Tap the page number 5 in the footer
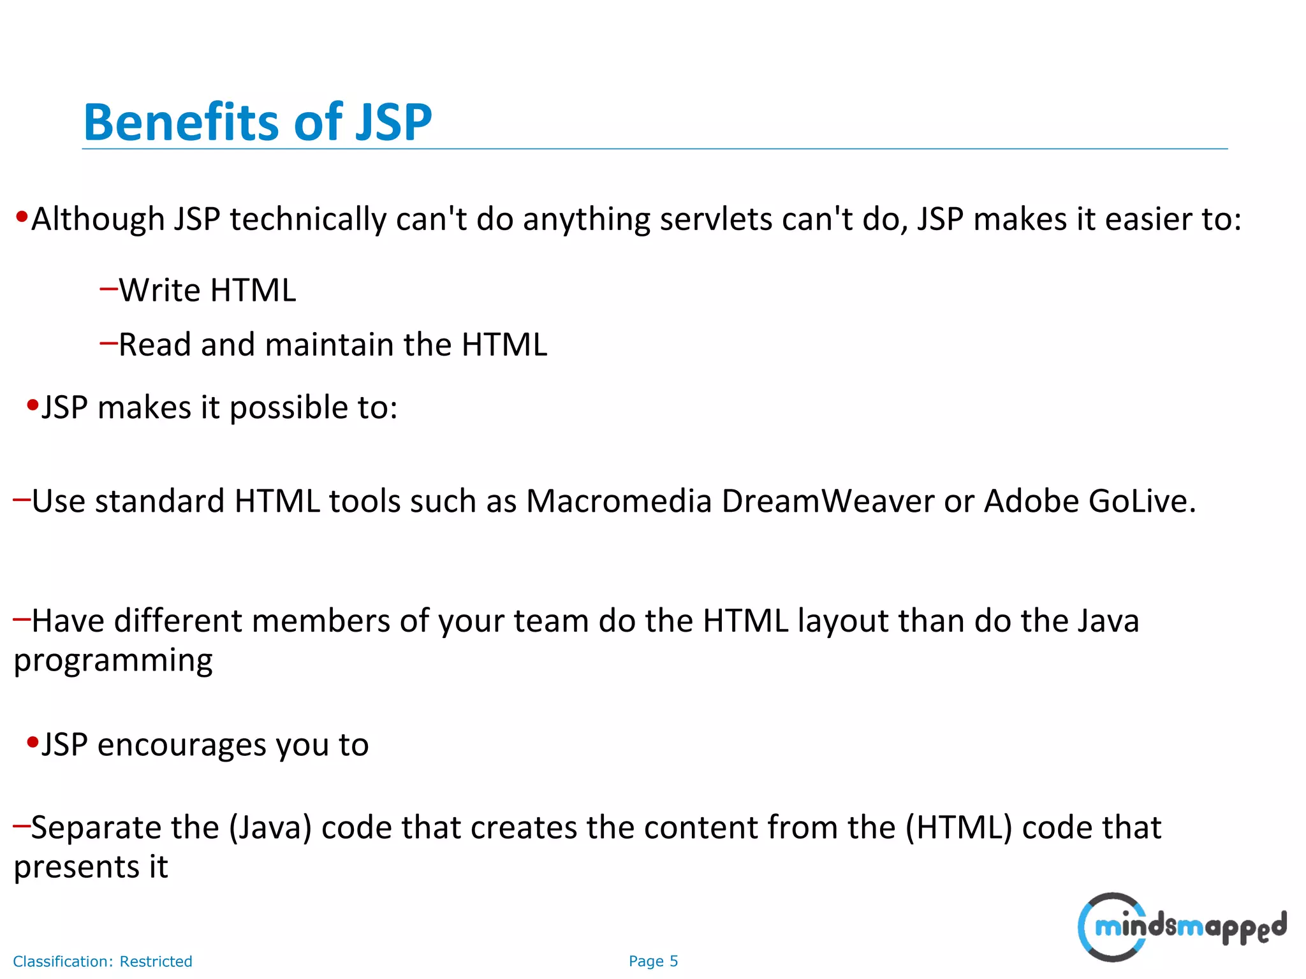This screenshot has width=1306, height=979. coord(673,961)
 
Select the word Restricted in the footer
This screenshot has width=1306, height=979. coord(156,961)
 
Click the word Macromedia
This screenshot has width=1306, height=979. coord(618,501)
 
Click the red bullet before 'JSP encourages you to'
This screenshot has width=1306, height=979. coord(33,743)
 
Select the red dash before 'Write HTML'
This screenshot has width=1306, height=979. coord(108,289)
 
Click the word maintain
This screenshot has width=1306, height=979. coord(329,345)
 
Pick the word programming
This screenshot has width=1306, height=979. coord(114,661)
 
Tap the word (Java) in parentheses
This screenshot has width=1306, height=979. coord(270,828)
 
